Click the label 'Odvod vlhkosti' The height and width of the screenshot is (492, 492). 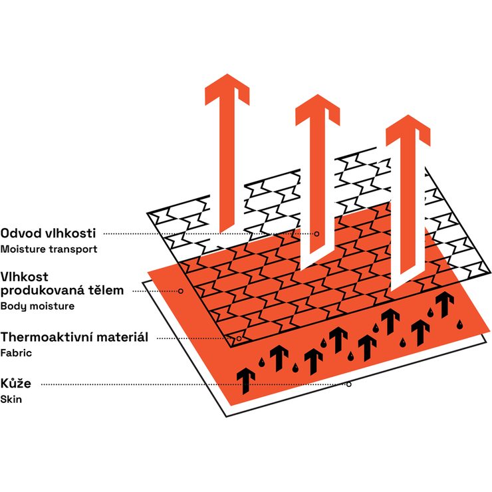(48, 233)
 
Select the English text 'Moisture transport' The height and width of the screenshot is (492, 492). (49, 249)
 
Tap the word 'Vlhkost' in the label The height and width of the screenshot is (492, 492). (25, 277)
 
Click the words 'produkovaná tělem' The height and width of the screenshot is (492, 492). (62, 291)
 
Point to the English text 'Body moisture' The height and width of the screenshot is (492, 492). (37, 306)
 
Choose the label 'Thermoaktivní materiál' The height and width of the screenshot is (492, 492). (74, 337)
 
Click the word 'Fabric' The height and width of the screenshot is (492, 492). (16, 353)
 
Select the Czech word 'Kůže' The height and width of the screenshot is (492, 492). (16, 383)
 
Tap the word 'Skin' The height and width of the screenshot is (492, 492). (11, 400)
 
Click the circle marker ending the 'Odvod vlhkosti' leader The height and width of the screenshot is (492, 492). (317, 234)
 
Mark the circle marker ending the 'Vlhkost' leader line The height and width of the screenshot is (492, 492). (181, 291)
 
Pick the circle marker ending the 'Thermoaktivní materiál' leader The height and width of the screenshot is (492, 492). (239, 338)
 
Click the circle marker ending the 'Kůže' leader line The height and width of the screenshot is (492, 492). (348, 384)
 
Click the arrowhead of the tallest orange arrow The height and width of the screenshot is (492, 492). (227, 90)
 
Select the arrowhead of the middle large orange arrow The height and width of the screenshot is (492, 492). (318, 110)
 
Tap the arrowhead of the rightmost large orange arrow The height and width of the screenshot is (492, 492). (408, 130)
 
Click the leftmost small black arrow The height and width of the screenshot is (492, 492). (246, 381)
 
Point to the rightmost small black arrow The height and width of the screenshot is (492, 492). (445, 304)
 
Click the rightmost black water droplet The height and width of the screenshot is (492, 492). (459, 324)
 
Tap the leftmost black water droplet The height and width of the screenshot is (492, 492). (261, 362)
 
